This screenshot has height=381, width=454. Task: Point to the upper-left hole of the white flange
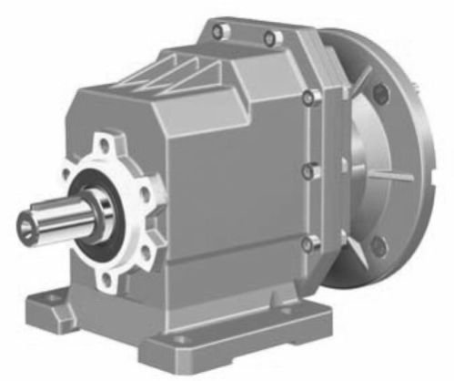70,172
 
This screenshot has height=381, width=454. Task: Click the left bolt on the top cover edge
217,32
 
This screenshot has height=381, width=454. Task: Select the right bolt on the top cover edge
269,38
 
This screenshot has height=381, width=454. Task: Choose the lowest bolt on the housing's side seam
308,243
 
